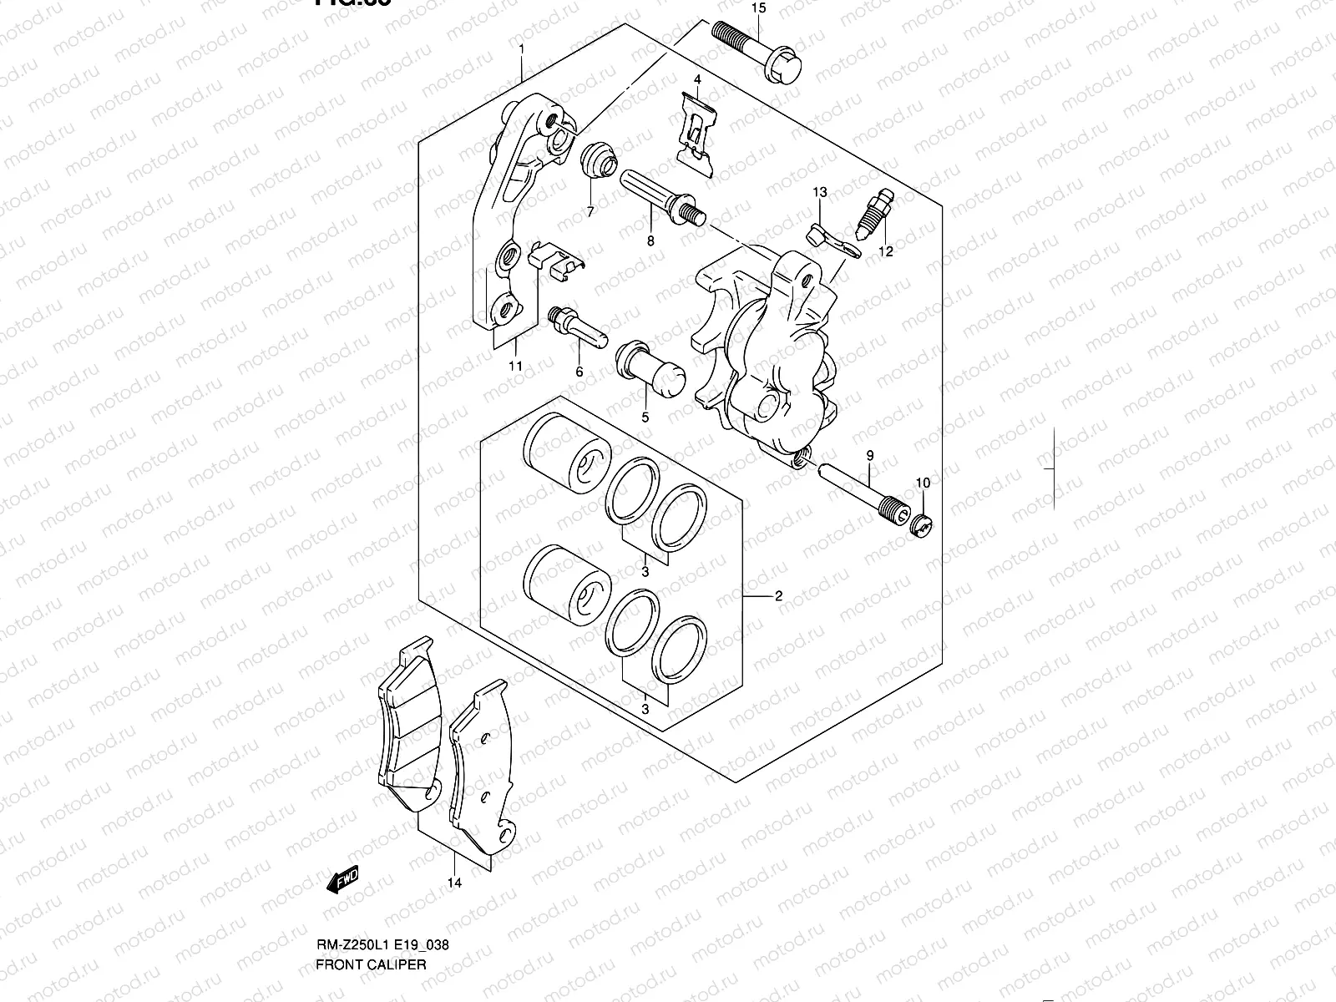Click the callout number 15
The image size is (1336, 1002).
coord(757,9)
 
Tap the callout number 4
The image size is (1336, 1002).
coord(696,80)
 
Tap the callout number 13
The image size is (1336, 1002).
coord(819,193)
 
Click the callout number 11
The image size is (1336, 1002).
coord(515,366)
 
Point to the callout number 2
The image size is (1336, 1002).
coord(778,596)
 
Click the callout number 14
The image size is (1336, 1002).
coord(454,882)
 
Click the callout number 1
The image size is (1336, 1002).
coord(522,50)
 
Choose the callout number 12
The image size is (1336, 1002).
coord(885,251)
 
